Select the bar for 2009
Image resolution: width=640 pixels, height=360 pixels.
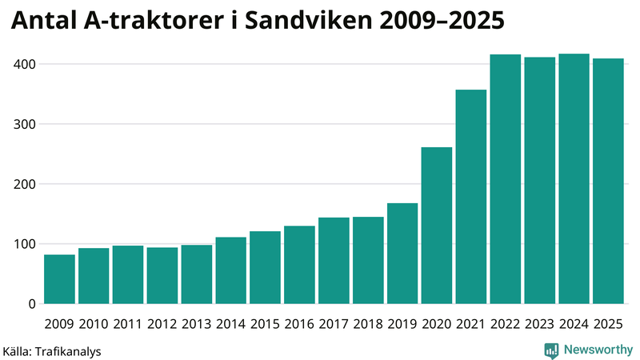[59, 279]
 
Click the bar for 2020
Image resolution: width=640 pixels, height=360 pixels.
[437, 226]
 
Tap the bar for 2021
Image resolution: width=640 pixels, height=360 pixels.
[471, 197]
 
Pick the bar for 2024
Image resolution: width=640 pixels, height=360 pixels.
[574, 179]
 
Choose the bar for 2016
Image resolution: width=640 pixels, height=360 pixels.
[299, 265]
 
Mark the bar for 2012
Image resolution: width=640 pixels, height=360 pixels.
[162, 275]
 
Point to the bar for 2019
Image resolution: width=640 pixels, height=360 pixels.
[402, 254]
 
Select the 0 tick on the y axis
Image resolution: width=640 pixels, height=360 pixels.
[30, 304]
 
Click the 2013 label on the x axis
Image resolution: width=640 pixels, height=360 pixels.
[196, 323]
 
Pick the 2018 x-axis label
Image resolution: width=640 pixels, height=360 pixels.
[368, 323]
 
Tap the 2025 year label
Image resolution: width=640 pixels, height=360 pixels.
[608, 323]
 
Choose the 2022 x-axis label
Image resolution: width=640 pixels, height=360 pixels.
[506, 323]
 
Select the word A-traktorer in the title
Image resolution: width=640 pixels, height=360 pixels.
[155, 22]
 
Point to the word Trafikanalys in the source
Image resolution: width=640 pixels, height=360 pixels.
[67, 350]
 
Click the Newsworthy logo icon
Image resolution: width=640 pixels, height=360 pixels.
[551, 350]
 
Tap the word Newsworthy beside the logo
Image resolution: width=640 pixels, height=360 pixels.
[596, 350]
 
